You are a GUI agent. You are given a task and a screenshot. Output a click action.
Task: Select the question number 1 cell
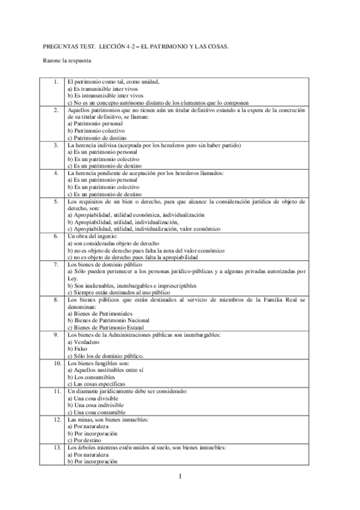click(x=55, y=81)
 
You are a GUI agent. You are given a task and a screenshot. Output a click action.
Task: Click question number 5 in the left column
click(x=55, y=201)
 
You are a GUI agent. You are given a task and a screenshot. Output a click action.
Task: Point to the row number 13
click(x=55, y=448)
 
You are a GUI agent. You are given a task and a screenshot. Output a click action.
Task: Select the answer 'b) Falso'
click(x=78, y=348)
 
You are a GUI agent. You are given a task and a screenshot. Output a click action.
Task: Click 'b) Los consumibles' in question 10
click(x=90, y=376)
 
